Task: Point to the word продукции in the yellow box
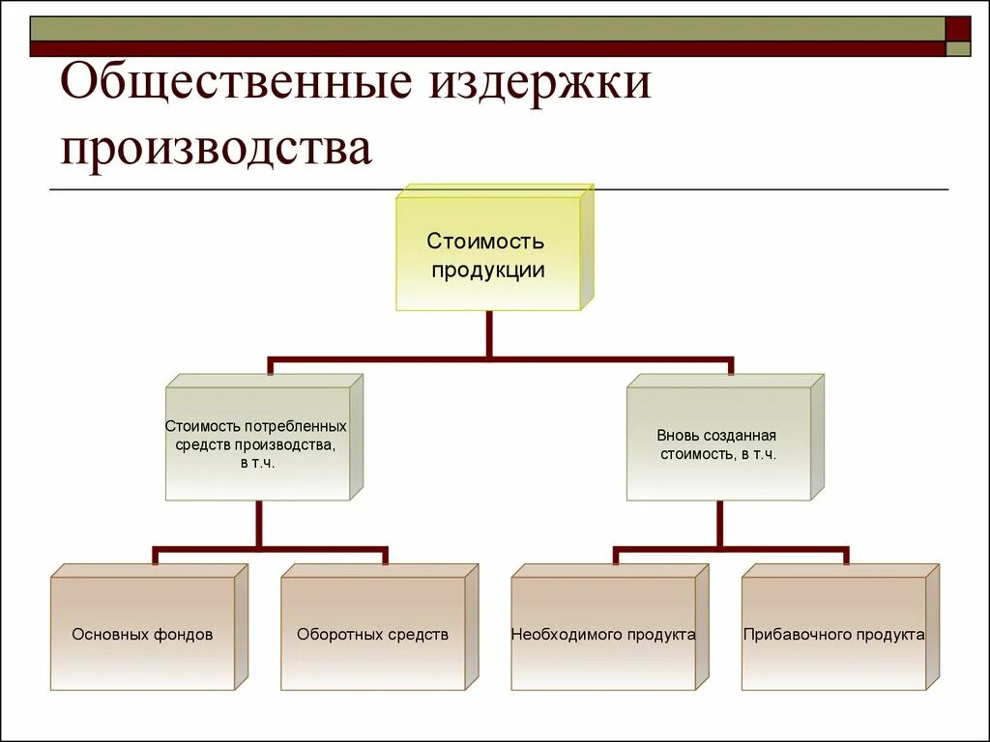(488, 271)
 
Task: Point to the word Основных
(108, 635)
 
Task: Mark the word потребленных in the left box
(296, 426)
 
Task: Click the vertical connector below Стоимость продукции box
(489, 333)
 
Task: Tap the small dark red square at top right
(958, 28)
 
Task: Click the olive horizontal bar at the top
(483, 28)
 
